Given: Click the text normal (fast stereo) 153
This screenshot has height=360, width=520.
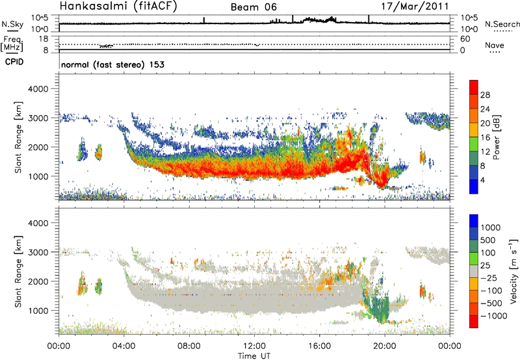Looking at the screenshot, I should (x=112, y=65).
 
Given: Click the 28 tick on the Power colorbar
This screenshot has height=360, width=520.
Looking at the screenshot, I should (x=485, y=94).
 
